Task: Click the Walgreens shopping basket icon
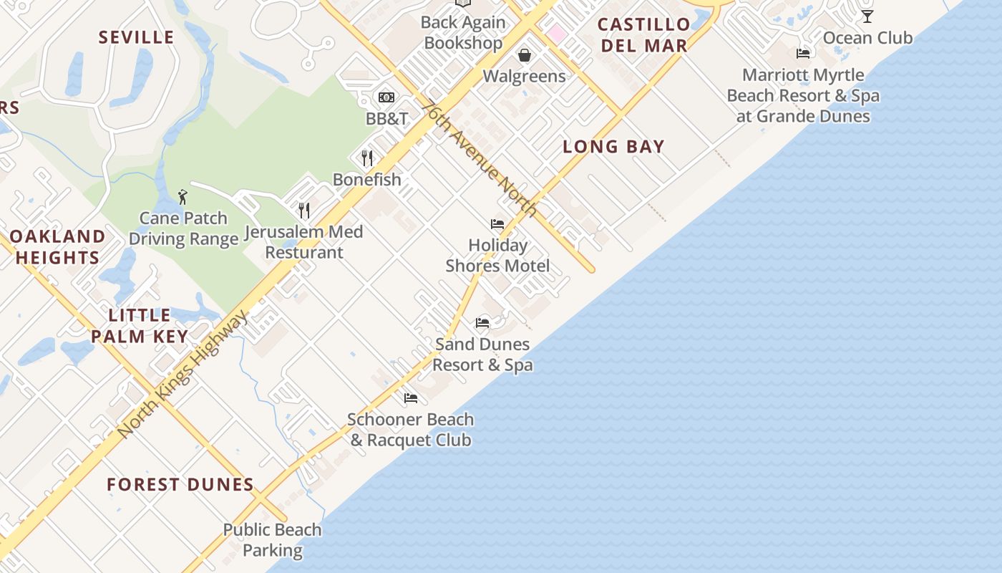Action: tap(525, 55)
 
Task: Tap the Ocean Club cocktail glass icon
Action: tap(867, 16)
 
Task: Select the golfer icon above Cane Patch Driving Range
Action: tap(183, 197)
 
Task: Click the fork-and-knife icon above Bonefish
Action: tap(367, 158)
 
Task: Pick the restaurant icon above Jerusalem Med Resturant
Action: tap(304, 210)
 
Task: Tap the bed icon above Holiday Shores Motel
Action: tap(497, 224)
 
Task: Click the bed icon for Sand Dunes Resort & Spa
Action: tap(482, 323)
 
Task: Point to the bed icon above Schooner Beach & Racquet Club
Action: tap(410, 398)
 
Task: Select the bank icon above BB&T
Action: tap(386, 97)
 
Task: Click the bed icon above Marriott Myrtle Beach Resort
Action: tap(803, 54)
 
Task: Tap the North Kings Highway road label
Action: tap(183, 374)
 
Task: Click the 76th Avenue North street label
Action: tap(480, 158)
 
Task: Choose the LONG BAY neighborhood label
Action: tap(613, 147)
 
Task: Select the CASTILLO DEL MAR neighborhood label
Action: tap(643, 35)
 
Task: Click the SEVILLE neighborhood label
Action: tap(136, 37)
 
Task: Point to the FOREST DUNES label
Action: tap(180, 485)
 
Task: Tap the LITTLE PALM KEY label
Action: tap(140, 326)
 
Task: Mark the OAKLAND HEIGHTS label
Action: tap(57, 247)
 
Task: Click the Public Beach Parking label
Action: tap(272, 540)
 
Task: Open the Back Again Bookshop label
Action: tap(463, 32)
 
